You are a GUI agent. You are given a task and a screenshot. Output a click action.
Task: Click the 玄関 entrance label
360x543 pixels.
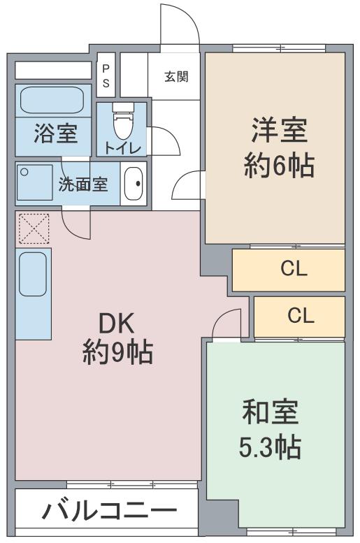[175, 77]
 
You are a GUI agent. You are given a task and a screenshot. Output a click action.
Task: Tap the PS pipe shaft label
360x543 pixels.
[106, 75]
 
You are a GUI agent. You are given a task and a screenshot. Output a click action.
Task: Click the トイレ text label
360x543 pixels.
[123, 147]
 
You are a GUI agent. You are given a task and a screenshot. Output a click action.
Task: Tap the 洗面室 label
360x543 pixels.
[82, 185]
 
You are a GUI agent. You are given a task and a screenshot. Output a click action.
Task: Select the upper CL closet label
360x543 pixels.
[290, 269]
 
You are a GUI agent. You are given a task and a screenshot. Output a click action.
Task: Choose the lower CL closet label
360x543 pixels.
[301, 316]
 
